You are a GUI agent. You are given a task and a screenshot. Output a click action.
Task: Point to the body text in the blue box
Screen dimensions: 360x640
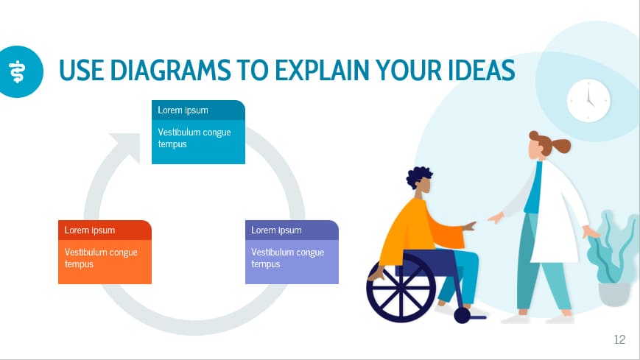click(x=194, y=138)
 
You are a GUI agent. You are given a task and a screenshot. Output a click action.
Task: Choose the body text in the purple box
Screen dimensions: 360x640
click(x=288, y=258)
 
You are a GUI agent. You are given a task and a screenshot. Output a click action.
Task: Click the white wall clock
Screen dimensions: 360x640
click(x=588, y=100)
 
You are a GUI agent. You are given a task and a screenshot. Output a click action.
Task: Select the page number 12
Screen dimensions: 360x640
click(x=619, y=339)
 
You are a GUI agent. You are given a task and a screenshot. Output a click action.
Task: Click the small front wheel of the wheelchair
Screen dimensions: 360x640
click(x=462, y=315)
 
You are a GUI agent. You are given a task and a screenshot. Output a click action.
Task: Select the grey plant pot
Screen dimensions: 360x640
click(x=613, y=294)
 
